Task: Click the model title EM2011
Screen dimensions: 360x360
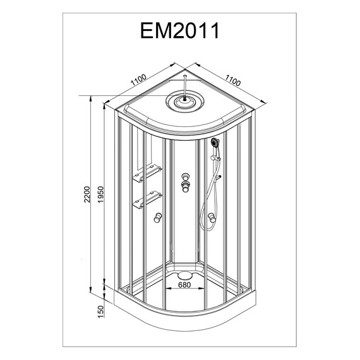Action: (179, 30)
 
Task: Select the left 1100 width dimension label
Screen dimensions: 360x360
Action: (138, 80)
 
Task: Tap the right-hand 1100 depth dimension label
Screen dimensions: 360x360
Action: (233, 80)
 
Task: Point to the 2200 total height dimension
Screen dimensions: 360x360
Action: (88, 195)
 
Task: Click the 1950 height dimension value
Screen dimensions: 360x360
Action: (101, 195)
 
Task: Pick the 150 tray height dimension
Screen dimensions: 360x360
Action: (101, 311)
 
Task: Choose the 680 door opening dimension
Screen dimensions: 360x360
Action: (184, 285)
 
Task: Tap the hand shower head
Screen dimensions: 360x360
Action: (215, 143)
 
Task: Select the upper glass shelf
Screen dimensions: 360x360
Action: (147, 173)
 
